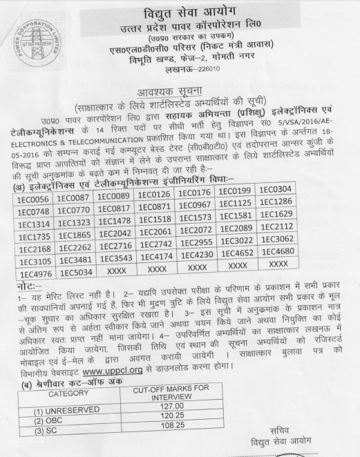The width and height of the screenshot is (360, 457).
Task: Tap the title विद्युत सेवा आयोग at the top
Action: (x=191, y=15)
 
